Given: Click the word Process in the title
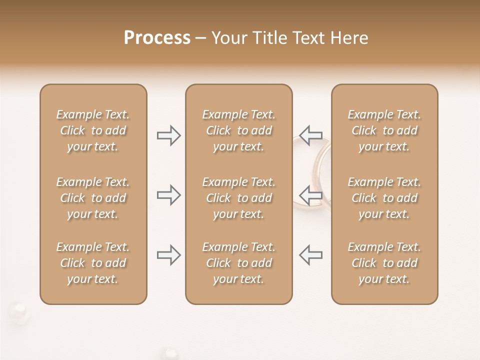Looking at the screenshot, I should [x=157, y=38].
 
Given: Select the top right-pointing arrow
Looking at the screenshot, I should [x=169, y=135].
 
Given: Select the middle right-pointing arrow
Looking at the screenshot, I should [x=169, y=195].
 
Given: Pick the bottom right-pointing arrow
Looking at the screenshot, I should [x=169, y=255].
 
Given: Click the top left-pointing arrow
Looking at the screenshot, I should [x=311, y=135].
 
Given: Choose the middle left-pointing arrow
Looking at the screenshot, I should [x=311, y=195].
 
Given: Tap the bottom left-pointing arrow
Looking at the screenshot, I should [x=311, y=255].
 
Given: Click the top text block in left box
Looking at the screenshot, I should [x=93, y=130].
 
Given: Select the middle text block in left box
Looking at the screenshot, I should [x=93, y=198].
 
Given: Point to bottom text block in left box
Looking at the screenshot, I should [x=93, y=263].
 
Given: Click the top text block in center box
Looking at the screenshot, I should [x=238, y=130].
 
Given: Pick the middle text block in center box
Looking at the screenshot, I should [x=238, y=198].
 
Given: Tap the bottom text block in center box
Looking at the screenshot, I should [x=238, y=263].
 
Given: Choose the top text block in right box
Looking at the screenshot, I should [x=384, y=130].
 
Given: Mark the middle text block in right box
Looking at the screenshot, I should [x=384, y=198].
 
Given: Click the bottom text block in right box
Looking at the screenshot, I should [x=384, y=263].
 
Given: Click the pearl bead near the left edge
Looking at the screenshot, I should [x=19, y=307].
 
